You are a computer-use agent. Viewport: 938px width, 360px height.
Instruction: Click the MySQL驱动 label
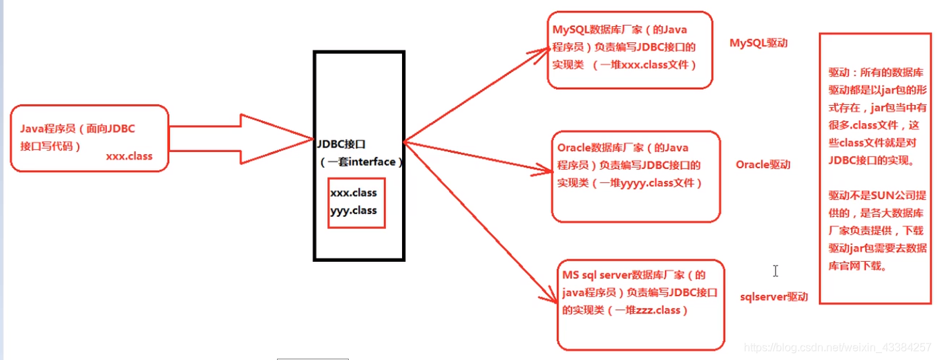pos(758,43)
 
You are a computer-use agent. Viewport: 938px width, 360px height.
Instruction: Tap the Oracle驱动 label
pos(763,164)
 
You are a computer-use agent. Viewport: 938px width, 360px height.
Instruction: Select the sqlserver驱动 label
pos(774,296)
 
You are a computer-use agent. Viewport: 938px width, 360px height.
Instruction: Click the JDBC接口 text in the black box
pos(341,144)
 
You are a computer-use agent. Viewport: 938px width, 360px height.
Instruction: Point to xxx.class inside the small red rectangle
pos(353,193)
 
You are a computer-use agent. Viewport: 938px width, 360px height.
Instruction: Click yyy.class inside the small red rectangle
pos(353,210)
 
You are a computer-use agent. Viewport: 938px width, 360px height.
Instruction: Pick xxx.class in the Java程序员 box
pos(128,156)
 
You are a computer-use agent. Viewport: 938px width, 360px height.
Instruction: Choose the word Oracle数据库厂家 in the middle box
pos(600,147)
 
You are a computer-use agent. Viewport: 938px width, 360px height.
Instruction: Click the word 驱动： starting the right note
pos(842,72)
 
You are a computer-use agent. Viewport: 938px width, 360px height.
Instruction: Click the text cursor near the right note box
pos(776,271)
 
